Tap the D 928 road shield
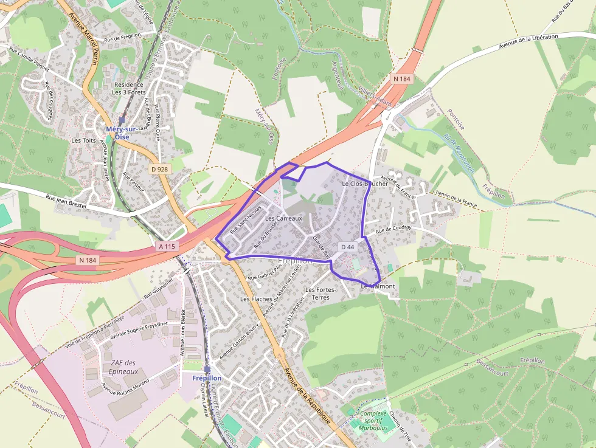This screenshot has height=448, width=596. click(x=159, y=169)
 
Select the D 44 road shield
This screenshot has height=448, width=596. click(x=347, y=247)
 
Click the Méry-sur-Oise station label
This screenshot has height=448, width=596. click(x=122, y=133)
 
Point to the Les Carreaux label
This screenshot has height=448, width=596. click(x=283, y=218)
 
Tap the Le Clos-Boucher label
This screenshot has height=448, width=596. click(x=365, y=184)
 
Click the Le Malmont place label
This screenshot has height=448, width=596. click(x=378, y=286)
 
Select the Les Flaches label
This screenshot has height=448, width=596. click(x=256, y=299)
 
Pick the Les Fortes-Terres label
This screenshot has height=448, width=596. click(x=321, y=294)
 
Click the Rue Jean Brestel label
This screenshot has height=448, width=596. click(x=67, y=202)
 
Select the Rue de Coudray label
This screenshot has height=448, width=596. click(x=393, y=229)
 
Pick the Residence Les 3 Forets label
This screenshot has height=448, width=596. click(x=128, y=89)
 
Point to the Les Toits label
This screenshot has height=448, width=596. click(x=84, y=140)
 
